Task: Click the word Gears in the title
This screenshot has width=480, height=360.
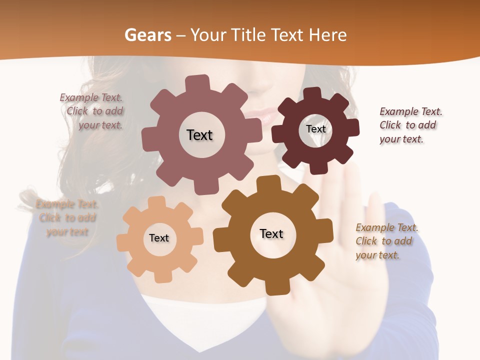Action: [147, 35]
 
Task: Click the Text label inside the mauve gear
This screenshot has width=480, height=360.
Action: [199, 135]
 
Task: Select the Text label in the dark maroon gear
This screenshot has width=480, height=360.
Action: [315, 129]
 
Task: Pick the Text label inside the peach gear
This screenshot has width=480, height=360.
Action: [159, 238]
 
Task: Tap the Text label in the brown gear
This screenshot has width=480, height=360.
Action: [271, 233]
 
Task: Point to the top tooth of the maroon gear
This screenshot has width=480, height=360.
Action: [312, 94]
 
